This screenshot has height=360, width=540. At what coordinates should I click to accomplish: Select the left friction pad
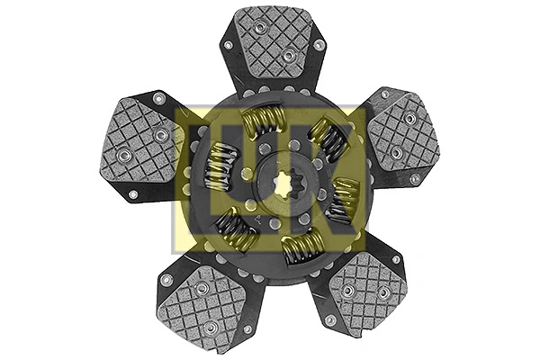click(x=143, y=145)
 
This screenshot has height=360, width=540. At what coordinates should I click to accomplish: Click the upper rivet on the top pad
click(x=259, y=28)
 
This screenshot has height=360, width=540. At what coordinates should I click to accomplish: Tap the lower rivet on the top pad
click(x=287, y=56)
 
